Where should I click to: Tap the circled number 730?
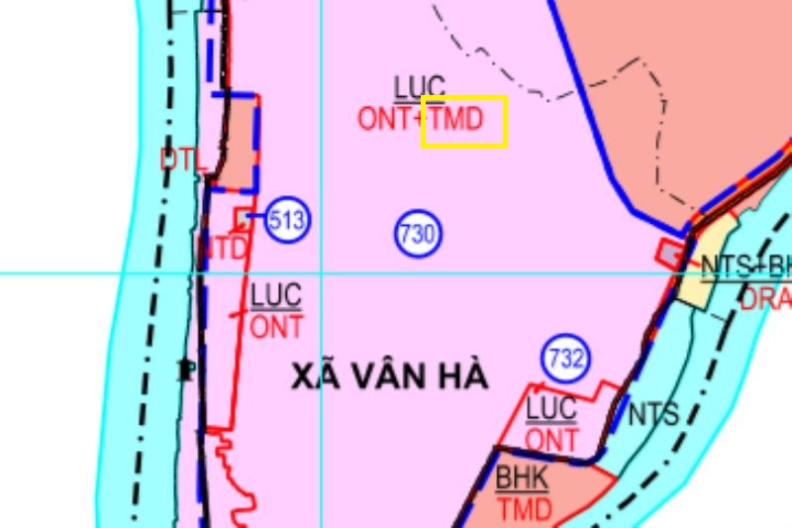[x=418, y=235]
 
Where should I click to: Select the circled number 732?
[x=565, y=359]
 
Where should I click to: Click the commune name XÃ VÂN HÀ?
[x=391, y=376]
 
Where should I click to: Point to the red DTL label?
[x=181, y=158]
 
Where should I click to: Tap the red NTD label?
[x=224, y=249]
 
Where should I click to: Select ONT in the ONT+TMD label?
[x=387, y=120]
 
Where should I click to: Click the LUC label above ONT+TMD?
[x=420, y=87]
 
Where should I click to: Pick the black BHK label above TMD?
[x=522, y=478]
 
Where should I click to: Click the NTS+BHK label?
[x=746, y=266]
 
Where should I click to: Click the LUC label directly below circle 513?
[x=276, y=295]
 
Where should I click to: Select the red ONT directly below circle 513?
[x=276, y=326]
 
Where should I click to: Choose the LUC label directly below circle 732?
[x=551, y=407]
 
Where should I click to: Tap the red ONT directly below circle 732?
[x=551, y=438]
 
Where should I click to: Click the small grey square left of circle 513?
[x=243, y=216]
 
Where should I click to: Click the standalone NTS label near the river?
[x=653, y=413]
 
